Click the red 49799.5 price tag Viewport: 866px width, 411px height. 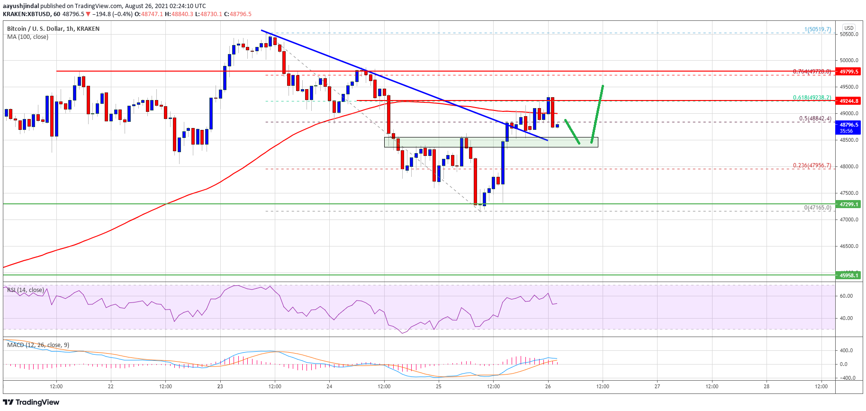click(x=848, y=72)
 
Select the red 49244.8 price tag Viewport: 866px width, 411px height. click(x=848, y=101)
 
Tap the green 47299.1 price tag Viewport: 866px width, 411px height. click(x=848, y=204)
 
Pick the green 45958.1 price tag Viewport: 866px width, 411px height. click(x=848, y=275)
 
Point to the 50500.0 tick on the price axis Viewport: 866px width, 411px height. click(x=848, y=34)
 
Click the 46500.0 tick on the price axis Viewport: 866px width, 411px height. click(x=848, y=246)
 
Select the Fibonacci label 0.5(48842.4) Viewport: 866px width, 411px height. click(x=815, y=119)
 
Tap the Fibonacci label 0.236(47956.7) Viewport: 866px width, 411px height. click(x=812, y=165)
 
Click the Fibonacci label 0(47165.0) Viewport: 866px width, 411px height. click(x=817, y=208)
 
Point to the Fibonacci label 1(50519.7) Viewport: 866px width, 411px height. click(x=817, y=29)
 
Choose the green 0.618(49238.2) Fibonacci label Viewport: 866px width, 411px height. click(x=812, y=98)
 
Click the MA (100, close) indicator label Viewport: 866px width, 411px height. click(x=27, y=37)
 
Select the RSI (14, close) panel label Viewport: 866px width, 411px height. click(x=25, y=290)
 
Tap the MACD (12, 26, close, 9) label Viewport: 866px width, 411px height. click(x=38, y=345)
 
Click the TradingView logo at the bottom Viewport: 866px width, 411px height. click(x=31, y=402)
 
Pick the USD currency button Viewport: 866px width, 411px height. click(x=848, y=28)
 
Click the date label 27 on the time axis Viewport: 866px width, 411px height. click(x=657, y=386)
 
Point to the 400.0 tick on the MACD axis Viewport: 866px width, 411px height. click(x=846, y=350)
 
